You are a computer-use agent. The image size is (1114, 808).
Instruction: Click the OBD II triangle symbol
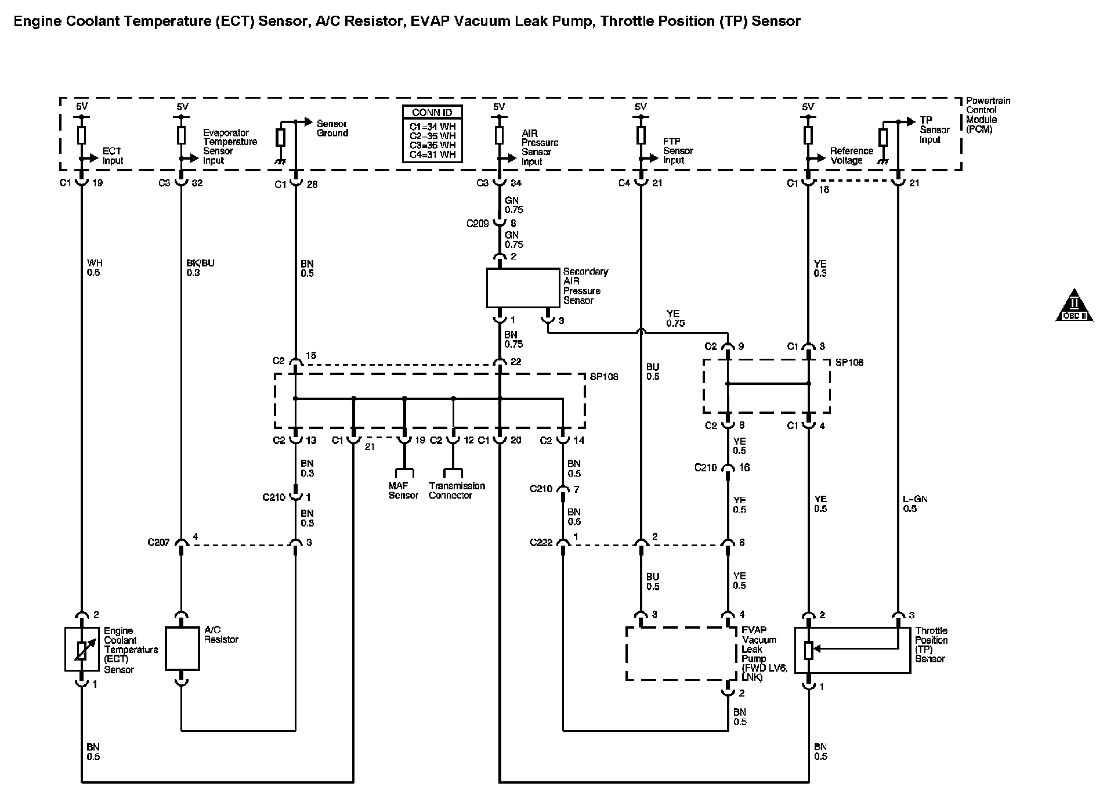[x=1073, y=305]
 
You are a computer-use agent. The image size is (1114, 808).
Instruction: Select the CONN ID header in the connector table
[x=432, y=113]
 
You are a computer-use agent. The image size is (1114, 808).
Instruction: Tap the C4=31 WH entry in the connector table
[x=432, y=155]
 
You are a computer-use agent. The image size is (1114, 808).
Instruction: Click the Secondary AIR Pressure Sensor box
[x=522, y=287]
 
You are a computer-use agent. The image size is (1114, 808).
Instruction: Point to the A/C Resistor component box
[x=182, y=648]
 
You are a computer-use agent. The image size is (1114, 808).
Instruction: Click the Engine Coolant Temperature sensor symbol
[x=82, y=650]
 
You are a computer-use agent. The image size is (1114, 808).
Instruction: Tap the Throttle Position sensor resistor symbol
[x=808, y=651]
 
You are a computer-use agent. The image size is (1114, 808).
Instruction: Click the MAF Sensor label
[x=403, y=490]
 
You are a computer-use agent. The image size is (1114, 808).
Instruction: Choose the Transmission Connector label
[x=457, y=490]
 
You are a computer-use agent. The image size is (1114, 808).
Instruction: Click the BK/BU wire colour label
[x=200, y=263]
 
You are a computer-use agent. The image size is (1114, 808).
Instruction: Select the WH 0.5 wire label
[x=95, y=268]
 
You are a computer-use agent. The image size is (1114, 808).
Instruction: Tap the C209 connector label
[x=478, y=223]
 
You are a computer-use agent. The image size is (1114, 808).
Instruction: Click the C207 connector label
[x=158, y=543]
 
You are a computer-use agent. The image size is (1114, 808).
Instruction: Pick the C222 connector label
[x=541, y=543]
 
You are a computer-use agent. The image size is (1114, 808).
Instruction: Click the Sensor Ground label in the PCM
[x=332, y=128]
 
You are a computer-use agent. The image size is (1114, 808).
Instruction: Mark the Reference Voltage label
[x=851, y=156]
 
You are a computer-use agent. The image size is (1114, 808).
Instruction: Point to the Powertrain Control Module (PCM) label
[x=988, y=115]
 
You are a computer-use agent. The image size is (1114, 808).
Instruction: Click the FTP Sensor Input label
[x=678, y=151]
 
